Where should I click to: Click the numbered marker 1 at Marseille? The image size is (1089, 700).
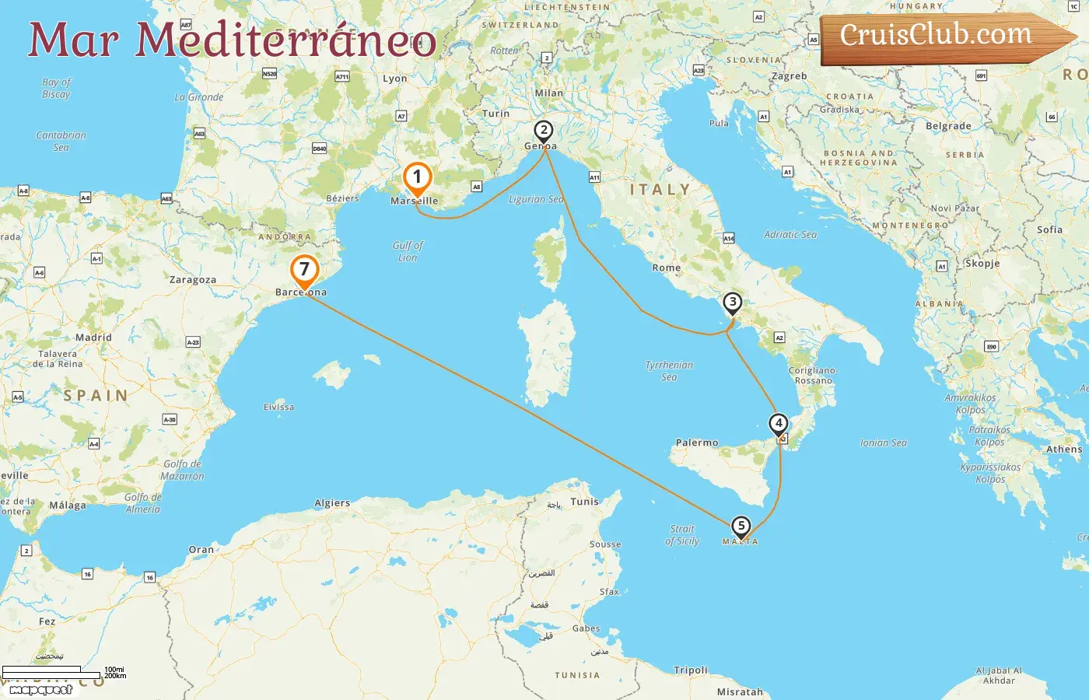417,178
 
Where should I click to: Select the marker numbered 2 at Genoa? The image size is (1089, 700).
544,131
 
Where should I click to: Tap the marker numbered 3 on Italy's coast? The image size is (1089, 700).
732,303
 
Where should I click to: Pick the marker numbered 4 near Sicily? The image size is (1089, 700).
778,424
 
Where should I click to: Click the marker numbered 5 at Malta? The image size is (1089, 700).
741,527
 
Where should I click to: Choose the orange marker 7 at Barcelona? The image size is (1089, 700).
304,271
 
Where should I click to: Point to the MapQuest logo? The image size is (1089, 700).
40,689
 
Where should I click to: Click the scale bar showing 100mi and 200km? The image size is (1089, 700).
62,672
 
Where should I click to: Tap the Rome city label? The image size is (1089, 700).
667,268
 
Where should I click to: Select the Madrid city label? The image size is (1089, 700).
93,338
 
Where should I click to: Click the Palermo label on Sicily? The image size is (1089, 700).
697,443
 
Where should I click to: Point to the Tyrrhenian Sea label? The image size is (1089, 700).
669,370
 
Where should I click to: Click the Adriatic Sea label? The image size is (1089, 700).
790,234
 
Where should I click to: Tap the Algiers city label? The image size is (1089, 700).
332,503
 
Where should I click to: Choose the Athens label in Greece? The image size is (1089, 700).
1063,450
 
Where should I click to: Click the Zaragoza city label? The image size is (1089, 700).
193,280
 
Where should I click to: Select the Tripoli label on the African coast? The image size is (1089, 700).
691,670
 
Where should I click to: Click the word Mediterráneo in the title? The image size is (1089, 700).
286,40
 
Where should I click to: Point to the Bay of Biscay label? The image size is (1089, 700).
56,88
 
